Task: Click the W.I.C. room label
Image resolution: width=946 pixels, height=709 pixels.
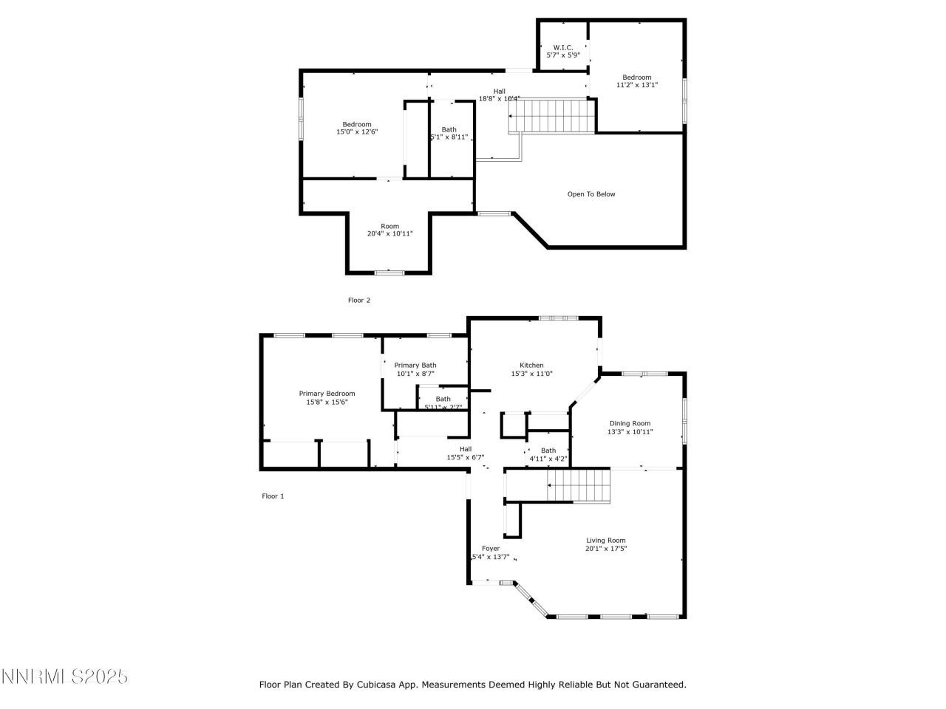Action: [563, 47]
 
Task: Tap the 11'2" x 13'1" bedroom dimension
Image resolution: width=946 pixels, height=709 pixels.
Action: [637, 85]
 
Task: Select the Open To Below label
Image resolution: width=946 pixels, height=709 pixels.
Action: [591, 194]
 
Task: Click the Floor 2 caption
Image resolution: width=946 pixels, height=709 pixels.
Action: [358, 300]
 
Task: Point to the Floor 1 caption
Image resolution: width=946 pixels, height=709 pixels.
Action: [273, 496]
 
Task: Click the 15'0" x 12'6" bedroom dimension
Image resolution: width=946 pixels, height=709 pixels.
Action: [356, 132]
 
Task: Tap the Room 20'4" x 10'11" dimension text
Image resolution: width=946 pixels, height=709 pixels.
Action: [389, 234]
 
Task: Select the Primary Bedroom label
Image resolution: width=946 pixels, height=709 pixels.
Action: [327, 394]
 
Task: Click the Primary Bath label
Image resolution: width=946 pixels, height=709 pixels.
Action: [415, 365]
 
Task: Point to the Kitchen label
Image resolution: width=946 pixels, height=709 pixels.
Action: [531, 365]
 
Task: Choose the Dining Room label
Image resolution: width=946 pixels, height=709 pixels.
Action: [630, 423]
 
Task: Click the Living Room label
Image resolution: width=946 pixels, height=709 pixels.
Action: [605, 540]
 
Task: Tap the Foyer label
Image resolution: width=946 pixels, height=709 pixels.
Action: [491, 548]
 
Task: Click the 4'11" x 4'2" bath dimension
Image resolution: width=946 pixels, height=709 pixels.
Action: [548, 459]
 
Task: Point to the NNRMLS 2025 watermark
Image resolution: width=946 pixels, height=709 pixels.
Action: [64, 676]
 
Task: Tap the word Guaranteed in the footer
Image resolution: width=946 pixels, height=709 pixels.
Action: [659, 685]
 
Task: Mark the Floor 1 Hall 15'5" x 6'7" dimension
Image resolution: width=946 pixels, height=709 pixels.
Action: [465, 457]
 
